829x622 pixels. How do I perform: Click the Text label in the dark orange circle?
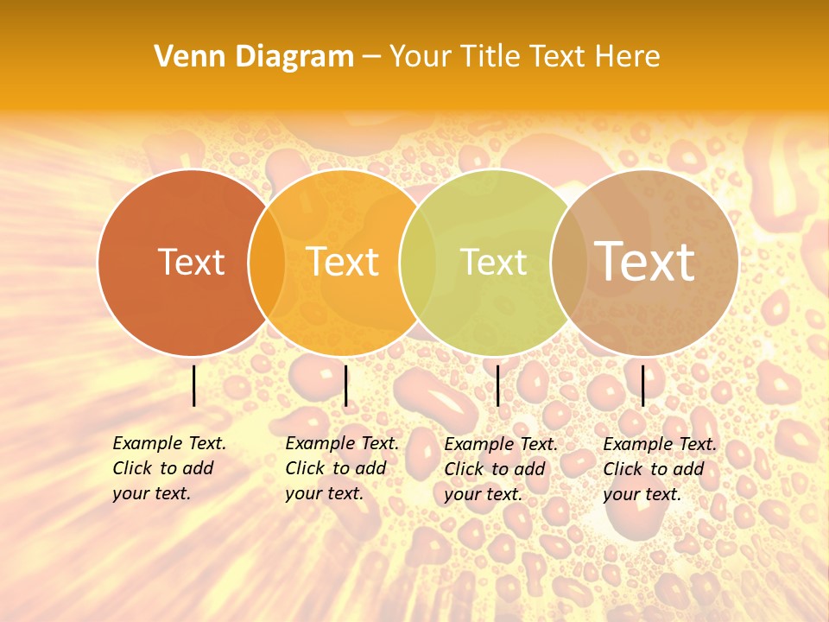(x=191, y=262)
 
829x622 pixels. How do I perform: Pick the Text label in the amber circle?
(x=343, y=262)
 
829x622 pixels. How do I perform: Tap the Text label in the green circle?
(x=493, y=262)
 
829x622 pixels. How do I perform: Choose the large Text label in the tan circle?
(x=645, y=261)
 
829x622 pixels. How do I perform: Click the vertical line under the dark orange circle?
(x=194, y=385)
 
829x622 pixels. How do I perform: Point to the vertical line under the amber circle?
(x=345, y=385)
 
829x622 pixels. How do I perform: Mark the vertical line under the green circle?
(x=497, y=385)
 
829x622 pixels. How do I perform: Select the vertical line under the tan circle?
(x=643, y=385)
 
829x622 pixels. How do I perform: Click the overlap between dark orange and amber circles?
(x=267, y=263)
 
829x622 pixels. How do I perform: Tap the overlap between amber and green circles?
(x=419, y=263)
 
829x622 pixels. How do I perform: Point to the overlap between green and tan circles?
(x=569, y=263)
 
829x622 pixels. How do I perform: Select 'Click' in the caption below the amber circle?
(x=304, y=468)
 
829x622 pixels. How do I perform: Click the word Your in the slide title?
(x=420, y=56)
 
